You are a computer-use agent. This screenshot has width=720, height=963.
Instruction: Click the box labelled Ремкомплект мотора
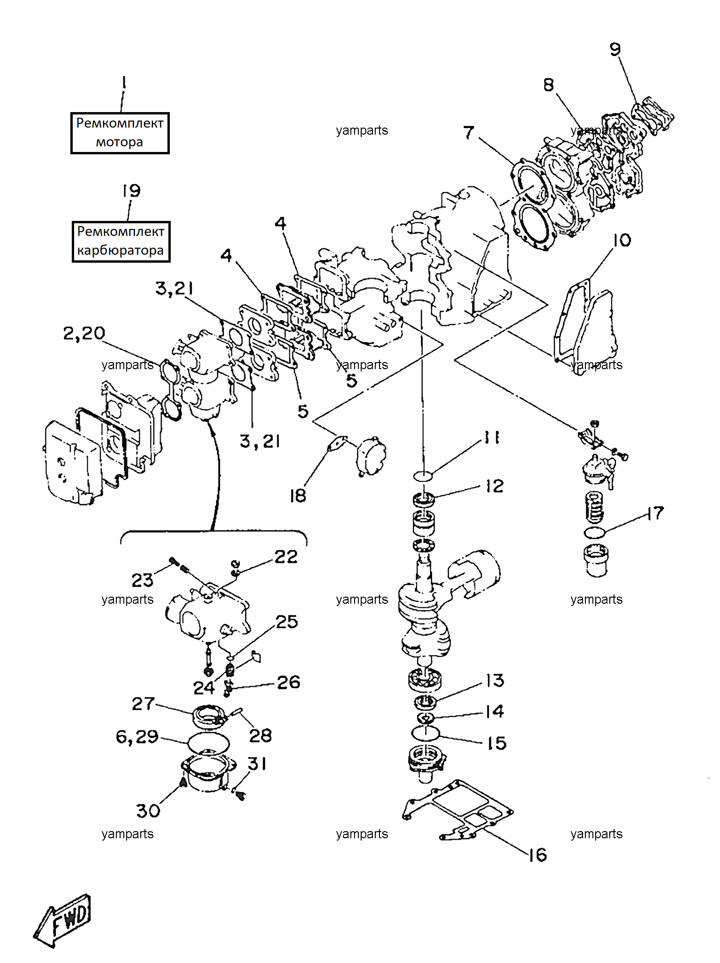(120, 133)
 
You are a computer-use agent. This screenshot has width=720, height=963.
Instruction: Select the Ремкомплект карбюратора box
(121, 242)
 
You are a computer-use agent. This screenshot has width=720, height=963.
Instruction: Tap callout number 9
(615, 49)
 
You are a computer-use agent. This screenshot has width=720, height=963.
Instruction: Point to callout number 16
(538, 855)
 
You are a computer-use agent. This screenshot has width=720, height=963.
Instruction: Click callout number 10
(622, 240)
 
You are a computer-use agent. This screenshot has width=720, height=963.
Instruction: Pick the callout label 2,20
(84, 334)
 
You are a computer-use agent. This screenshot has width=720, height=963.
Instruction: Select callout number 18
(298, 496)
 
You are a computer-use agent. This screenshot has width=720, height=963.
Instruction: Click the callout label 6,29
(137, 737)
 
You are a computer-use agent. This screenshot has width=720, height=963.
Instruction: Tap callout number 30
(148, 811)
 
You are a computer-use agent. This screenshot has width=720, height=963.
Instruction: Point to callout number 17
(655, 513)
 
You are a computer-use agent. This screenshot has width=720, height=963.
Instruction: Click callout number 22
(286, 557)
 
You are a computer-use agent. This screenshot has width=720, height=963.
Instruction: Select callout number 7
(469, 132)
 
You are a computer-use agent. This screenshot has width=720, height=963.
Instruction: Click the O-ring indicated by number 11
(423, 476)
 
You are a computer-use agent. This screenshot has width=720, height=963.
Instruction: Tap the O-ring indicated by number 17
(595, 532)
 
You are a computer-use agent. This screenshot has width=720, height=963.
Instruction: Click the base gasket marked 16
(457, 811)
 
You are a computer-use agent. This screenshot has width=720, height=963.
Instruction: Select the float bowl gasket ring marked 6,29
(209, 743)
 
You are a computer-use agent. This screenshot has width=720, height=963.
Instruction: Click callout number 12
(494, 486)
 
